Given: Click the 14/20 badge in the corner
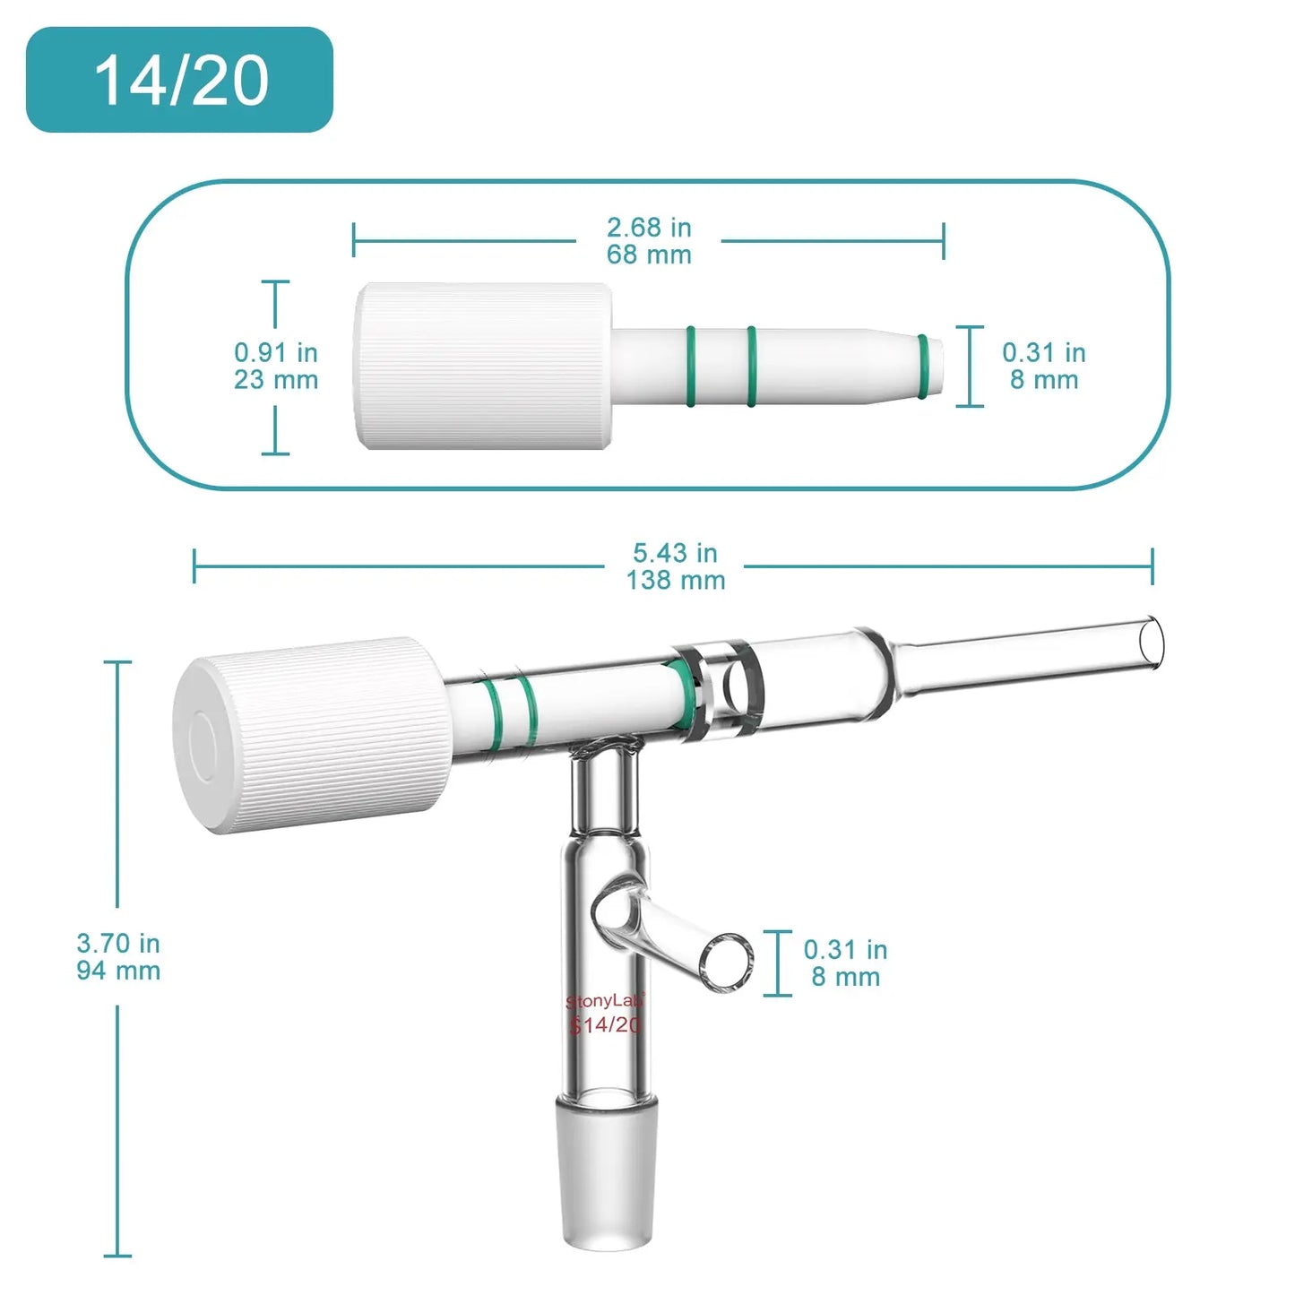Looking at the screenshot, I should pos(179,80).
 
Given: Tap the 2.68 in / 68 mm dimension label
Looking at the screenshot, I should pos(649,241).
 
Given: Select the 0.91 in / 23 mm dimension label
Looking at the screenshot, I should pos(276,367).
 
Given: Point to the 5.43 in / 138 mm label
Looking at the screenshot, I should pos(675,566).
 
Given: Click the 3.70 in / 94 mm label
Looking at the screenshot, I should pos(118,956).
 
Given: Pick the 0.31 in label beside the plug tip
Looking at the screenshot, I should pos(1043,367).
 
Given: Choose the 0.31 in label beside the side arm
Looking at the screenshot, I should pos(844,963).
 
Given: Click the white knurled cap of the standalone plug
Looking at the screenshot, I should pos(484,366).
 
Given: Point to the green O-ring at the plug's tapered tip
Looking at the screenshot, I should pos(923,366).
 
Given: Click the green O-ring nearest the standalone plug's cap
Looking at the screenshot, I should pos(691,366).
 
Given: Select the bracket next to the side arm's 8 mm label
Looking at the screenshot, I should pos(778,963).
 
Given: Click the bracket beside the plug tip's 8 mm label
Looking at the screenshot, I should pos(970,367).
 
